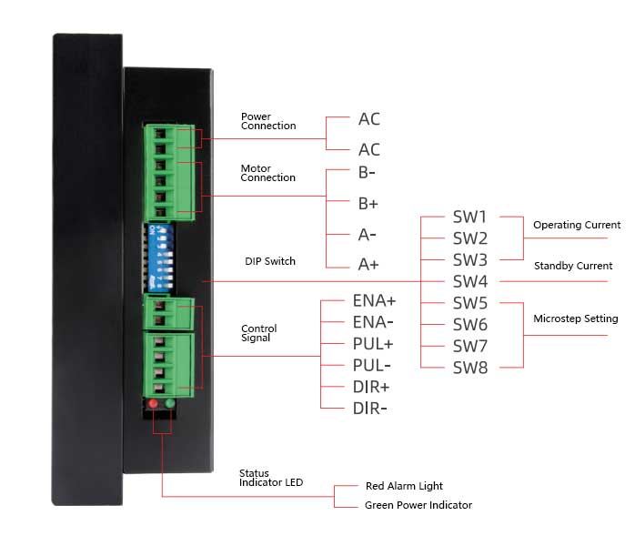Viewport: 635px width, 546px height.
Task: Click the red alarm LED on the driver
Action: tap(153, 403)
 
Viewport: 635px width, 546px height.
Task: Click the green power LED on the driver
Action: tap(170, 403)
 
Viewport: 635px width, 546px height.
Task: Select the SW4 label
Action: tap(469, 282)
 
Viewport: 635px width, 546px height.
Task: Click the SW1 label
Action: tap(469, 217)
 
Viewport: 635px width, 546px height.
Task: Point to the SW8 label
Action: tap(469, 368)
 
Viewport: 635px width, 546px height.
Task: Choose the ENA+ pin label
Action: tap(374, 300)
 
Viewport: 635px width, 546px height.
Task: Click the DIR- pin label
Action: tap(370, 409)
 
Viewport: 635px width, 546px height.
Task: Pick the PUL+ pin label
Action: tap(373, 344)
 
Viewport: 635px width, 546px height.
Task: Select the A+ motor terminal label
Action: tap(368, 265)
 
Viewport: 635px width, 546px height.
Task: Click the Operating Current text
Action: tap(577, 225)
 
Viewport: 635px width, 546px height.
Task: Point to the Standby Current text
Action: tap(573, 267)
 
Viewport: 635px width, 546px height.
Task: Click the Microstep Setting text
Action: tap(575, 318)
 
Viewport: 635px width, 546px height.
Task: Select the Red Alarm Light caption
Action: tap(404, 486)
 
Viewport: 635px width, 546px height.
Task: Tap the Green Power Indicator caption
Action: tap(418, 505)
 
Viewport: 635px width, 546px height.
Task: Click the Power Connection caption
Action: tap(267, 121)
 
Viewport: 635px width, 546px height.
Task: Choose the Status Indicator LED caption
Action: tap(270, 478)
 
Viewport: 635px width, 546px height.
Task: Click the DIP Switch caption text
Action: tap(270, 261)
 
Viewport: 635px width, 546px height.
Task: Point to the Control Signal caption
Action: tap(258, 333)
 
